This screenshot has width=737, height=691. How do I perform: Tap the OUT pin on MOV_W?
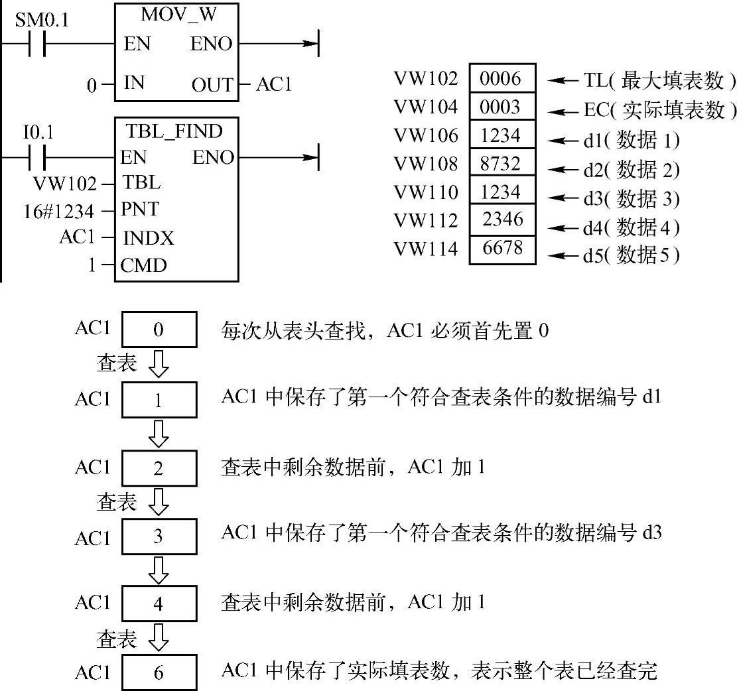212,86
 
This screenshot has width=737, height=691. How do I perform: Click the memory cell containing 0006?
502,78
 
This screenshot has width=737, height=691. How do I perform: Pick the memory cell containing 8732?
502,163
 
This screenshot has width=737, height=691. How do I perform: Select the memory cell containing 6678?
502,249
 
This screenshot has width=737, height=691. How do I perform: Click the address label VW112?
426,220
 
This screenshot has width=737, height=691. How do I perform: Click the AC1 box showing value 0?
159,330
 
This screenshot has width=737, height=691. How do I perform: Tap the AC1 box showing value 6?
159,672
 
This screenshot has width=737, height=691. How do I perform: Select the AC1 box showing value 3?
159,536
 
